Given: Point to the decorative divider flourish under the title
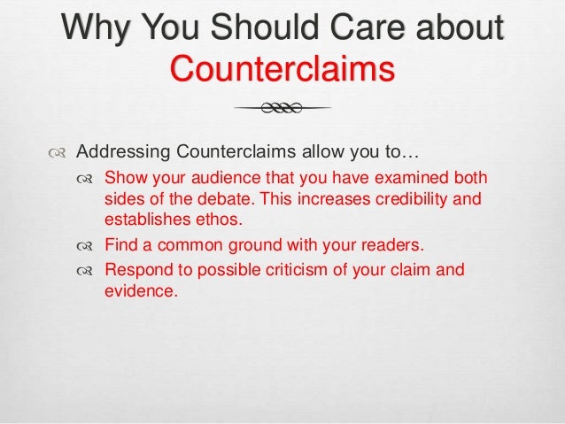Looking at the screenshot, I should coord(282,109).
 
